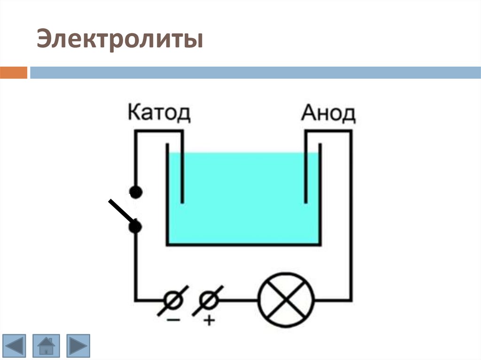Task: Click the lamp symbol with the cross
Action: point(286,300)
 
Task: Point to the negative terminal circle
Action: point(173,299)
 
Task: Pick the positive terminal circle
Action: point(207,299)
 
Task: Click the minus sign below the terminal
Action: point(173,320)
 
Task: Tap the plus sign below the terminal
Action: point(209,321)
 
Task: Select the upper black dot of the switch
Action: point(136,191)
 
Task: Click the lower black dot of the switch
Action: point(136,228)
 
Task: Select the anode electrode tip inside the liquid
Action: point(306,199)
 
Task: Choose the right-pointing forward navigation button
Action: point(78,346)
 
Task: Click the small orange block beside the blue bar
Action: point(14,73)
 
